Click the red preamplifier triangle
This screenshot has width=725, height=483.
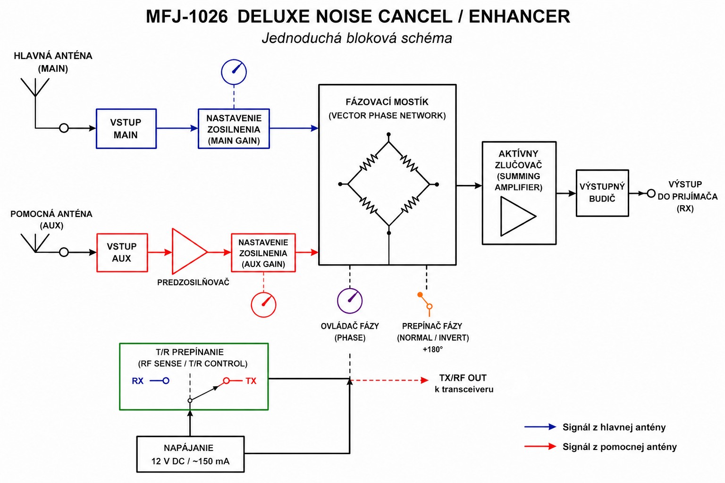[189, 252]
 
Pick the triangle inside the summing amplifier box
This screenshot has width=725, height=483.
[518, 216]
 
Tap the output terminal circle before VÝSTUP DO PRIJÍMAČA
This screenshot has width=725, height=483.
[651, 193]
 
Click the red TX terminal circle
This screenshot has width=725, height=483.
[226, 381]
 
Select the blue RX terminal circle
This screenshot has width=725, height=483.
[166, 381]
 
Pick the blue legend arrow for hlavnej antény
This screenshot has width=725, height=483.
[540, 427]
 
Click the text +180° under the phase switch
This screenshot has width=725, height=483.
[432, 350]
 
